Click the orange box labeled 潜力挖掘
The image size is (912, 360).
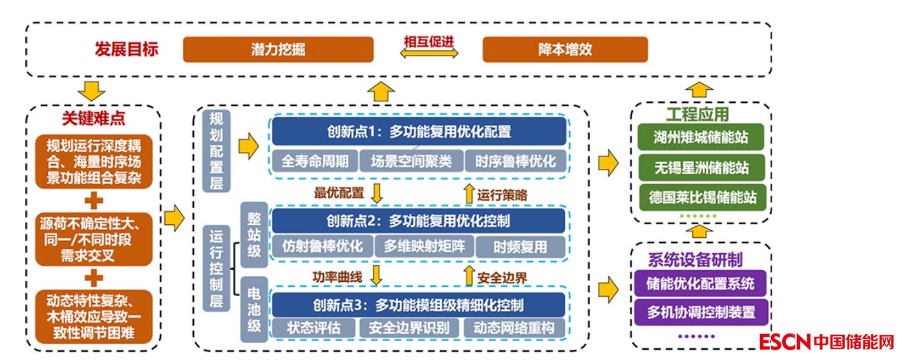pyautogui.click(x=278, y=50)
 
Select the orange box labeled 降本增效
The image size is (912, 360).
pyautogui.click(x=565, y=50)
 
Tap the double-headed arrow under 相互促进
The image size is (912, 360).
pyautogui.click(x=429, y=55)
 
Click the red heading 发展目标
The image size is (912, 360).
pyautogui.click(x=126, y=50)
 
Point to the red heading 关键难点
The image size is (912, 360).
pyautogui.click(x=94, y=118)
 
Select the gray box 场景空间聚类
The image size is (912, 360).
pyautogui.click(x=411, y=161)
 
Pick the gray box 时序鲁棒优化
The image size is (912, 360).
pyautogui.click(x=515, y=161)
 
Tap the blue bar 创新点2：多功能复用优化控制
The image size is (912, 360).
pyautogui.click(x=418, y=221)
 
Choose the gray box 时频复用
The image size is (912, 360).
pyautogui.click(x=520, y=246)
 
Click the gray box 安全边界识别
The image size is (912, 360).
pyautogui.click(x=408, y=327)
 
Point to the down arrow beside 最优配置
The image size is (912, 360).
pyautogui.click(x=376, y=193)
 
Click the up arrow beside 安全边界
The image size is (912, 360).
pyautogui.click(x=469, y=277)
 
